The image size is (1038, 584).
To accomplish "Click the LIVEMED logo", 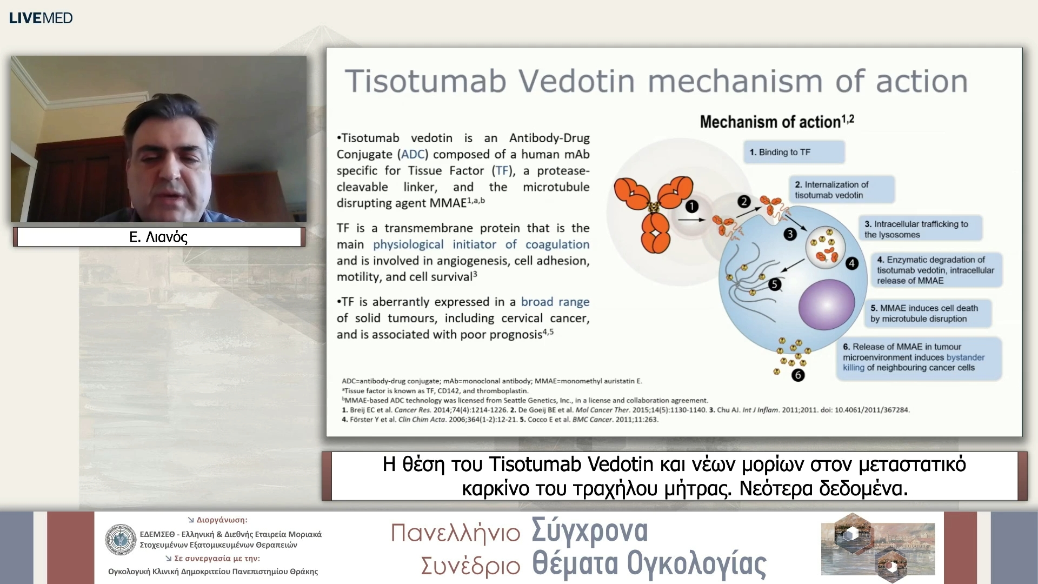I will click(41, 18).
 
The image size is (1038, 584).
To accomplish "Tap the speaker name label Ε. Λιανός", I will click(158, 237).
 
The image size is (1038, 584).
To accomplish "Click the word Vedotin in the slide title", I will click(576, 81).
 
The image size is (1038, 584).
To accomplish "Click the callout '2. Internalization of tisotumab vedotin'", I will click(841, 190).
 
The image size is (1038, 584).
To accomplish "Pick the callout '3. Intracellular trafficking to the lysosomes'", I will click(920, 229).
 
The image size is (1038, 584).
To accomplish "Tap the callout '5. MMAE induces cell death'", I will click(929, 313).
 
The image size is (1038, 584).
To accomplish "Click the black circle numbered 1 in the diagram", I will click(692, 207).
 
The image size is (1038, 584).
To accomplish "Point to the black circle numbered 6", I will click(798, 375).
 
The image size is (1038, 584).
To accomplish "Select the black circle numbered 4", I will click(852, 263).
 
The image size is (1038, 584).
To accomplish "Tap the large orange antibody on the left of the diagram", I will click(654, 208).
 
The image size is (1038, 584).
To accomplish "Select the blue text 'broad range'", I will click(555, 302).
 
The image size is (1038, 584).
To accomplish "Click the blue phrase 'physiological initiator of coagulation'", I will click(481, 244).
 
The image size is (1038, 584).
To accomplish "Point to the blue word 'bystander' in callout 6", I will click(965, 357).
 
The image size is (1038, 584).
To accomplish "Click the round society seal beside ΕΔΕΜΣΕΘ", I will click(121, 540).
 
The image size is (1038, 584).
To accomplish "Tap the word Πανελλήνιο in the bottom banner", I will click(455, 533).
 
